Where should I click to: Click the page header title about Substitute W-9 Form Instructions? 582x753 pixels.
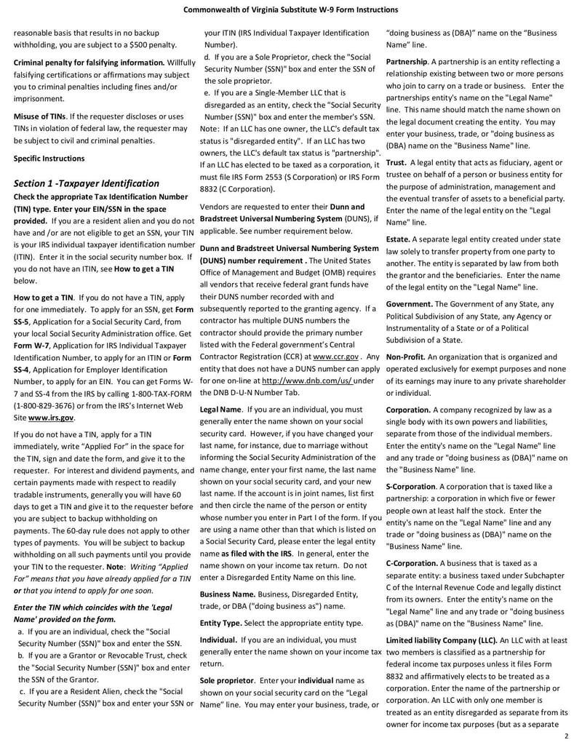point(290,9)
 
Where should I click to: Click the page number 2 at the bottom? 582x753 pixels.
point(565,737)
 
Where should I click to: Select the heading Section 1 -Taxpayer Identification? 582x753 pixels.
point(87,183)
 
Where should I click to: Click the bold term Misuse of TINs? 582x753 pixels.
point(40,116)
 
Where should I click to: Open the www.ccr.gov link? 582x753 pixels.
point(335,357)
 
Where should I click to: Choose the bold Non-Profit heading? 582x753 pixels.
point(404,357)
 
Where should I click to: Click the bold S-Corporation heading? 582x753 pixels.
point(410,486)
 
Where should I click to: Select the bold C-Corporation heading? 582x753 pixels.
point(411,563)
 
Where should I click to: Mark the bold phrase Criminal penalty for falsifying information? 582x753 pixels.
point(90,63)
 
